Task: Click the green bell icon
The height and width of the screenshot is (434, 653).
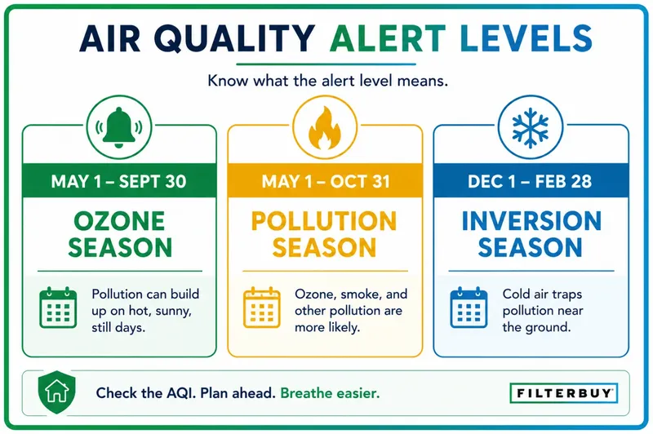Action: pos(119,127)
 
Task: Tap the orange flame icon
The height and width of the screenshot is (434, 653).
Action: pos(325,128)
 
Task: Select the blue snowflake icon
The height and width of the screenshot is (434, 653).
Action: pos(530,128)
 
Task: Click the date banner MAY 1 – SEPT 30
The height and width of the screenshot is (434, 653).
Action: pos(119,181)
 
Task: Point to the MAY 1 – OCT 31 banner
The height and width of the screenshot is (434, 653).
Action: pos(325,181)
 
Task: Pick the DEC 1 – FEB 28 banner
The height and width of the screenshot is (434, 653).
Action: pos(531,181)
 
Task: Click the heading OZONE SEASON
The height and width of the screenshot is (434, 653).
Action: pos(120,234)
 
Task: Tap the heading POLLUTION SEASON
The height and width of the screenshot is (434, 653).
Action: pos(324,234)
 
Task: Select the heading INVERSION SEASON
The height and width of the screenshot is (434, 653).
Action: pos(531,234)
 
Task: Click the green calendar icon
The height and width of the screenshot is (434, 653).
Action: pos(58,308)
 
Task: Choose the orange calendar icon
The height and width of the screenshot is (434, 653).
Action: pos(261,308)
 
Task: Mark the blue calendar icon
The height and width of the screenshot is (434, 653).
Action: pos(469,308)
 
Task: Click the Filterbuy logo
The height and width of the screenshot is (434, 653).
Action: pos(564,393)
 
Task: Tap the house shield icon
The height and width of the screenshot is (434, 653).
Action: pos(56,392)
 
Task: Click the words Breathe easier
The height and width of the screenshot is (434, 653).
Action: pos(331,393)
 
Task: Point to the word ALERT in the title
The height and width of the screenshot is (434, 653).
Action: pos(388,38)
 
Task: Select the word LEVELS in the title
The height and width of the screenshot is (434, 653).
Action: pos(526,38)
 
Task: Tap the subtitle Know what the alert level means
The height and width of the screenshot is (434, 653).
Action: pos(328,80)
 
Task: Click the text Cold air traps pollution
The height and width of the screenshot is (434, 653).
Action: pos(542,303)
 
